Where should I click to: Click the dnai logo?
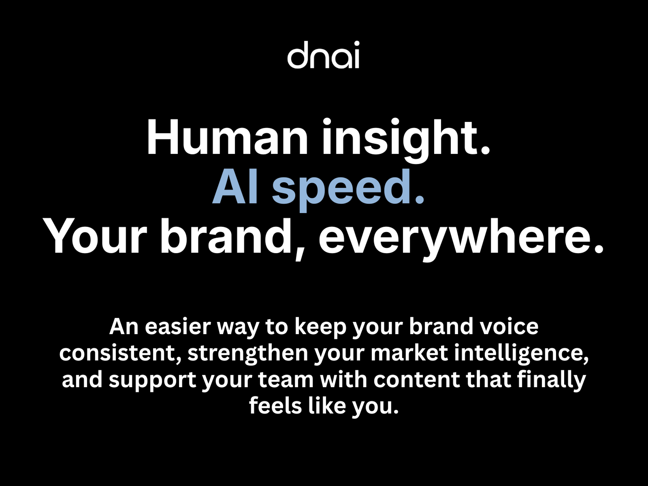323,55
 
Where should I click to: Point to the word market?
409,353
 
